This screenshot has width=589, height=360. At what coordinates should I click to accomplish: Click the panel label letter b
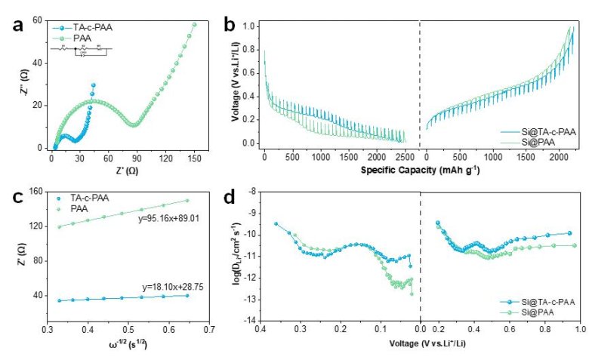click(231, 24)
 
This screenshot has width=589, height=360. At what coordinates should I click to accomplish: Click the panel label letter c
click(17, 198)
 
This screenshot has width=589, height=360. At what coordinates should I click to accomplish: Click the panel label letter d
click(231, 198)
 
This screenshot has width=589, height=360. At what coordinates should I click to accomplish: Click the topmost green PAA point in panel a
click(195, 24)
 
